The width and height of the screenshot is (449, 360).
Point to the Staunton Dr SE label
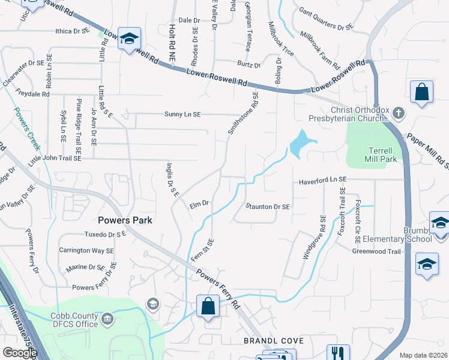268,206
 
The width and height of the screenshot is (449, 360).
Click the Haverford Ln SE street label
322,179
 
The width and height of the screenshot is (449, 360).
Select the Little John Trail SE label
54,159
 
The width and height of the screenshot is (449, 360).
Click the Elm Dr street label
199,203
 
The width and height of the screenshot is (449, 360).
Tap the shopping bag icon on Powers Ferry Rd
207,306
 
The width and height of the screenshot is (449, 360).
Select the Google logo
19,353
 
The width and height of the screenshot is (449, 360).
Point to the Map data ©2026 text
423,355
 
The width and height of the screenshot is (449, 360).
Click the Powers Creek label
26,129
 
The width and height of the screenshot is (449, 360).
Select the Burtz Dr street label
249,65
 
